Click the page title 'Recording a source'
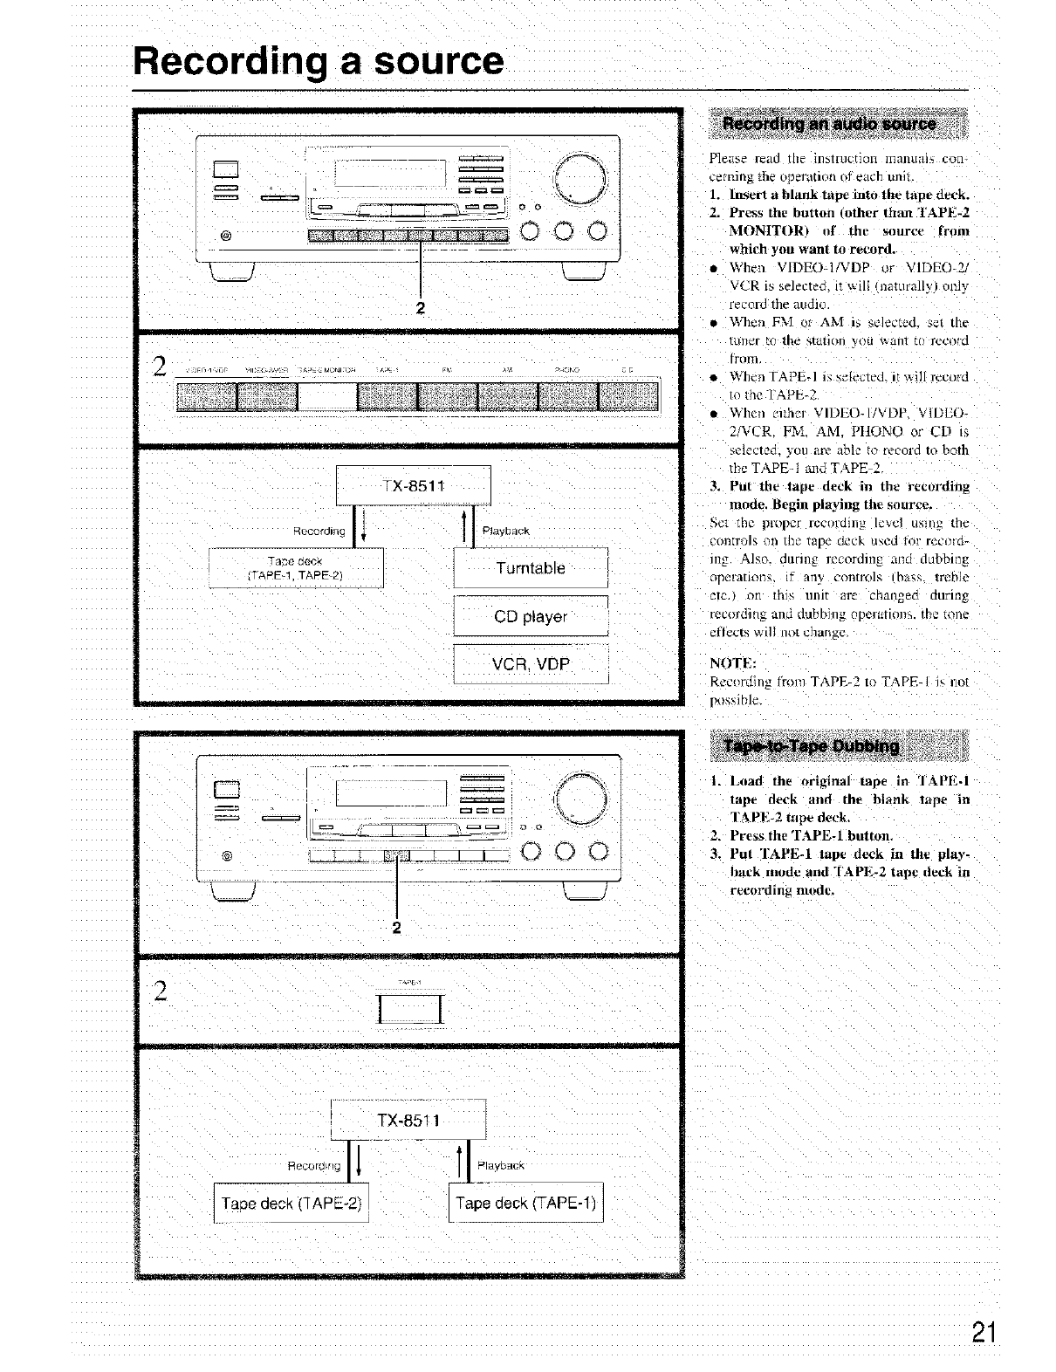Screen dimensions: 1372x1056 tap(319, 61)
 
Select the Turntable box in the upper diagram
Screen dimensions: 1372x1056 tap(530, 568)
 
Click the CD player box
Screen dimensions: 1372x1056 tap(530, 616)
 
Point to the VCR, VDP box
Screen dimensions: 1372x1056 tap(530, 664)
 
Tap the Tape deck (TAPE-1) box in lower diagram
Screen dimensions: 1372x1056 tap(525, 1204)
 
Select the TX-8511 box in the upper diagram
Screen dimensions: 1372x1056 tap(413, 486)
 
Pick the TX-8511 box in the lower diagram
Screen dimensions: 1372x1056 tap(408, 1120)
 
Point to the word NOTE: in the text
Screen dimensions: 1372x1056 tap(732, 662)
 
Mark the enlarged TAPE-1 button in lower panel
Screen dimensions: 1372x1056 tap(409, 1009)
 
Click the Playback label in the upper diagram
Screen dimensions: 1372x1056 tap(505, 531)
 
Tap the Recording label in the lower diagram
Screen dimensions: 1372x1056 tap(313, 1165)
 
